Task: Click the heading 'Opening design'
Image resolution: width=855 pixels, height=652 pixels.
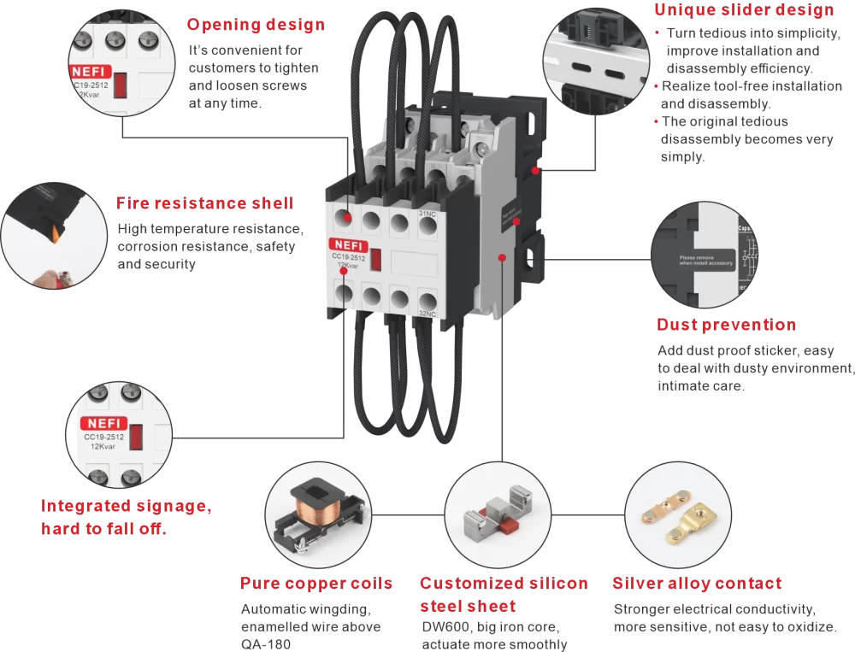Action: point(256,25)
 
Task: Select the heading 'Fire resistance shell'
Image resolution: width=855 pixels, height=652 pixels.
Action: point(204,203)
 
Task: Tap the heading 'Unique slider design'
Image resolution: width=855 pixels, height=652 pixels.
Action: point(744,10)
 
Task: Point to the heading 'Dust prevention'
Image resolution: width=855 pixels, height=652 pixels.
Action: point(726,325)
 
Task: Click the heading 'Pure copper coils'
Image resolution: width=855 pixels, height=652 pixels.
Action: point(316,584)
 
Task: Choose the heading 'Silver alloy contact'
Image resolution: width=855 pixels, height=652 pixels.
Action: point(696,584)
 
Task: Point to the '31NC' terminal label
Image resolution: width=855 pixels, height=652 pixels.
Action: point(427,214)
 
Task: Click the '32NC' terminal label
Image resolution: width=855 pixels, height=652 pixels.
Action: point(427,314)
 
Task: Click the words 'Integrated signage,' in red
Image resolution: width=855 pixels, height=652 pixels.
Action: point(127,506)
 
